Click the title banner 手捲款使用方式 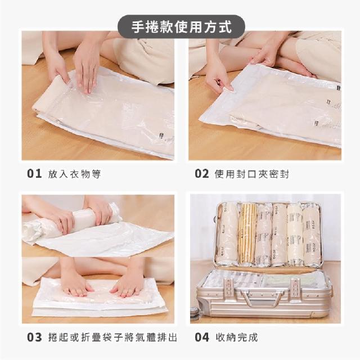(x=181, y=27)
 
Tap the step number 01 (x=34, y=174)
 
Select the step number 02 (x=202, y=174)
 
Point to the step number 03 (x=34, y=337)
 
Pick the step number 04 (x=202, y=337)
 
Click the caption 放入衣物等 (x=74, y=174)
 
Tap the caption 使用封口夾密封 (x=251, y=174)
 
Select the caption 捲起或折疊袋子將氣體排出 (x=112, y=337)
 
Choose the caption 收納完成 (x=237, y=337)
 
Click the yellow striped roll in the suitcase (x=247, y=233)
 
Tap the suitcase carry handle (x=262, y=298)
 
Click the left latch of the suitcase (x=228, y=288)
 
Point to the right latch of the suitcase (x=295, y=289)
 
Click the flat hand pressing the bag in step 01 (x=85, y=69)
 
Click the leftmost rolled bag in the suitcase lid (x=227, y=234)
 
